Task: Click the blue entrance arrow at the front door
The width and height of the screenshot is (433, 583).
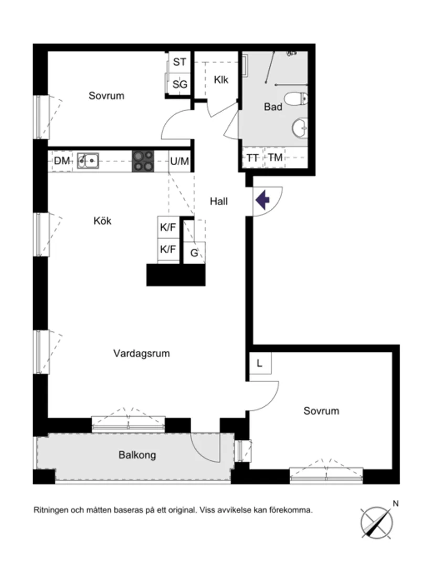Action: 262,199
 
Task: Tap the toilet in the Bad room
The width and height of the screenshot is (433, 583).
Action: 295,98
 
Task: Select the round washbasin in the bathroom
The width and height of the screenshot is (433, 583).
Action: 300,127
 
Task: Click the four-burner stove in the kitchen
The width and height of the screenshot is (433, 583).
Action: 143,161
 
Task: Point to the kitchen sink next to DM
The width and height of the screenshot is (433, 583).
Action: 88,160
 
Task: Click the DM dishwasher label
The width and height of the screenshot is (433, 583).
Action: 62,161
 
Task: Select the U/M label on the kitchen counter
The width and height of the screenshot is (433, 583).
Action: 179,161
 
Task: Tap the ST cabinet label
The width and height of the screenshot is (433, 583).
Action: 179,62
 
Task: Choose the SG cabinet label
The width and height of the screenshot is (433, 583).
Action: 179,84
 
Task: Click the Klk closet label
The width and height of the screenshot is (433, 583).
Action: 221,80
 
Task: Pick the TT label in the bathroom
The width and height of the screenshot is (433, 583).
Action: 252,157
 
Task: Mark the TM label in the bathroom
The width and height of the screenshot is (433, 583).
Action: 275,157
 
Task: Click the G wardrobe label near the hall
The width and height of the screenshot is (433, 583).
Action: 194,253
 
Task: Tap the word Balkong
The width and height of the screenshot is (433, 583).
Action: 137,455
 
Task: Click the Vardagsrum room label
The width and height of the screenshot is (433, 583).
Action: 141,353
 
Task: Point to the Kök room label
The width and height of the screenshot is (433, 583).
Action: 102,221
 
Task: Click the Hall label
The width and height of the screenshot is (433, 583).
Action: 219,201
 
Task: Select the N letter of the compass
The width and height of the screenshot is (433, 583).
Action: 396,504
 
